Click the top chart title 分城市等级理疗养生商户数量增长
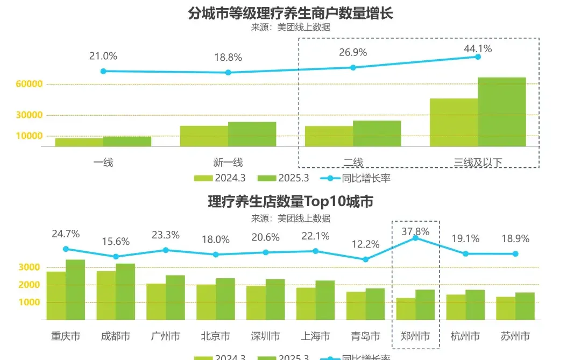tap(290, 13)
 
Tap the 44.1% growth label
tap(478, 48)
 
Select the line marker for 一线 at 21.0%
tap(103, 71)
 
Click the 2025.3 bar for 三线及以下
tap(501, 112)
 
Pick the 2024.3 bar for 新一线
tap(204, 136)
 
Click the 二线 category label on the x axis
tap(353, 162)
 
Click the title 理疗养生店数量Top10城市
tap(290, 202)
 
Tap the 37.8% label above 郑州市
tap(415, 231)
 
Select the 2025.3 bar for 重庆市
tap(75, 290)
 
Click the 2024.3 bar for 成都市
tap(106, 295)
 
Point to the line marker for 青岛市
tap(366, 259)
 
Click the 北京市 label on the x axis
tap(216, 336)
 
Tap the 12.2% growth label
tap(366, 244)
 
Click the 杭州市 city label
tap(465, 336)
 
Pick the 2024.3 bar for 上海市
tap(306, 303)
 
